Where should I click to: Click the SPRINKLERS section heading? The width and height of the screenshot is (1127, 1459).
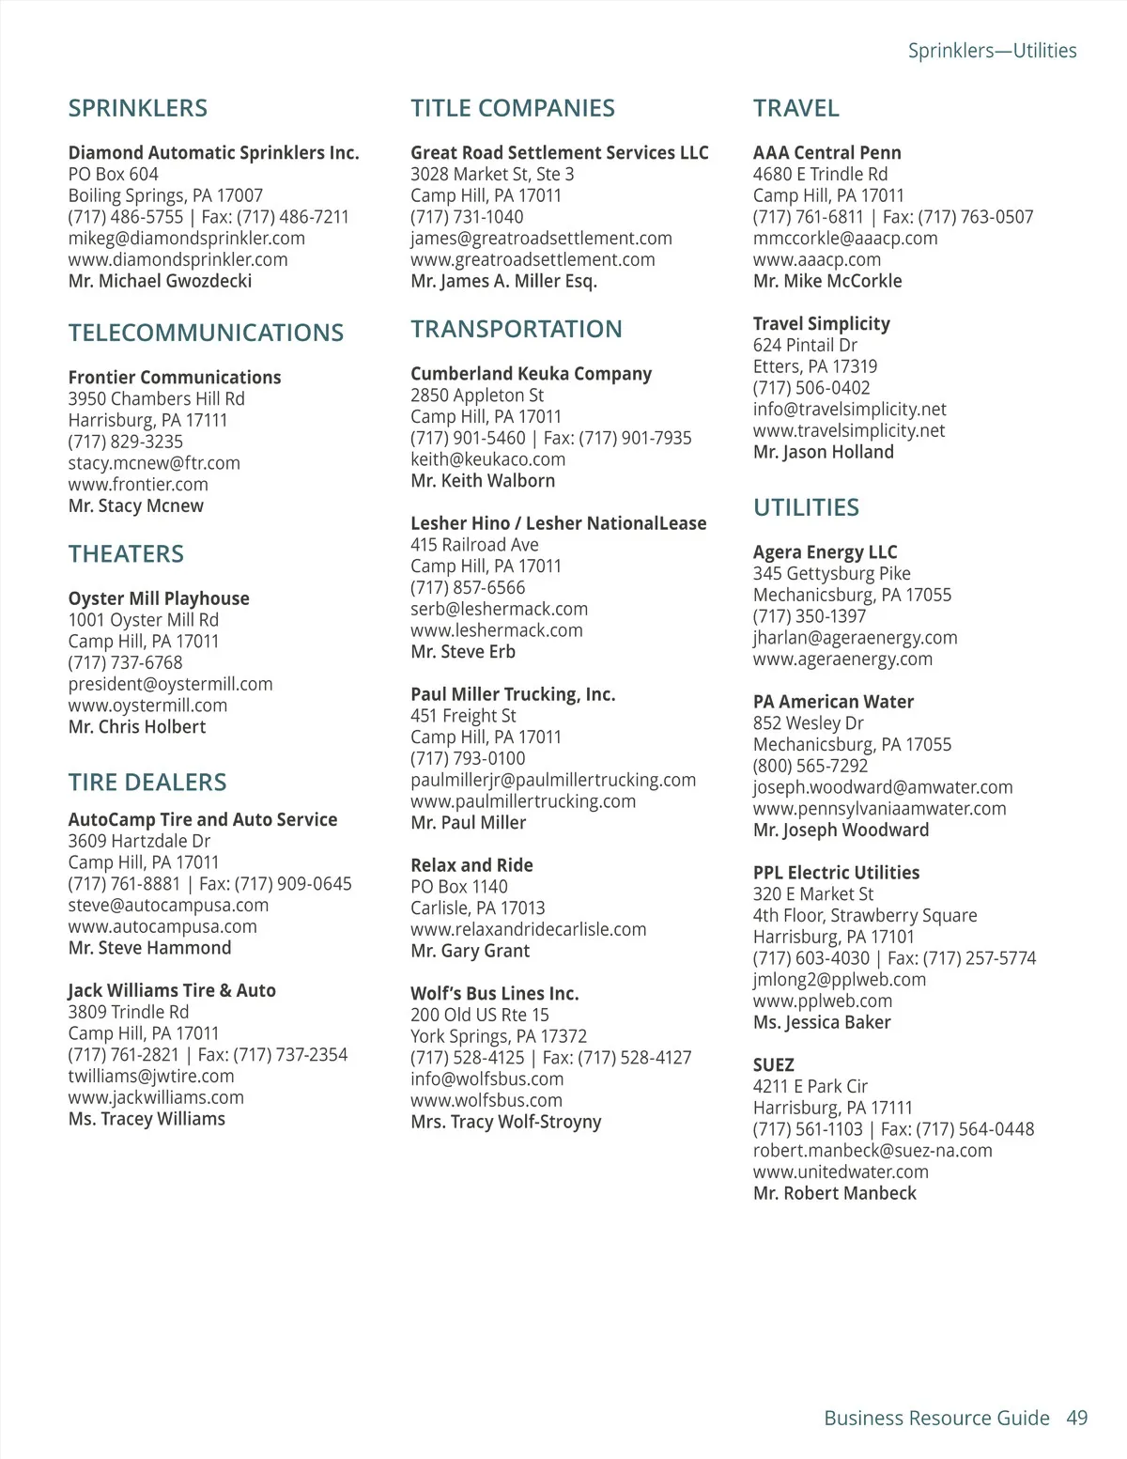point(138,109)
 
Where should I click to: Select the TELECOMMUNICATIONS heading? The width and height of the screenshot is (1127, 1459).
point(206,334)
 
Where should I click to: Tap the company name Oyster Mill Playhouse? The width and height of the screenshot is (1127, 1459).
point(159,598)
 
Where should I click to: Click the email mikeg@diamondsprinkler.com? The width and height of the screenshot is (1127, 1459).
point(186,239)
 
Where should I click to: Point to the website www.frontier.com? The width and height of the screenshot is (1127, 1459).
point(138,485)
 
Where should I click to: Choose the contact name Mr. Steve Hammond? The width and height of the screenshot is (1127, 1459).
point(149,948)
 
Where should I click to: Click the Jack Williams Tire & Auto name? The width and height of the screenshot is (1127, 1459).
point(172,990)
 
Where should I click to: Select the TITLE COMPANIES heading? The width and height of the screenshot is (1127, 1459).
point(513,109)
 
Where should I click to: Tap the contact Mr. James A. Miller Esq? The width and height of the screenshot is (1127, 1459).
point(503,281)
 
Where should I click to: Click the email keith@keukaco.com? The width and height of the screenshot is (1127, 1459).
point(487,459)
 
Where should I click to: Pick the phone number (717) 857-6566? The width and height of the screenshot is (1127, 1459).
point(468,588)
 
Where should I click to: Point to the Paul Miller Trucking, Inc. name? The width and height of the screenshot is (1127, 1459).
point(513,694)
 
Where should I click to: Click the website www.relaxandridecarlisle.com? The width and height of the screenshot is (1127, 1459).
point(528,929)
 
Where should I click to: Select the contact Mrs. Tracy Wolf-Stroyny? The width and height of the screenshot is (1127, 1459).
point(505,1122)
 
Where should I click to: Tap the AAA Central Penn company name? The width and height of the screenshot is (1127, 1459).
point(826,153)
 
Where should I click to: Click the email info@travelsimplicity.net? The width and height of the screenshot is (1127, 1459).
point(849,410)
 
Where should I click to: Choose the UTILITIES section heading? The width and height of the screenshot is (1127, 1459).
point(806,508)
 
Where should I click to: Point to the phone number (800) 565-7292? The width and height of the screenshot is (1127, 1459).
point(810,766)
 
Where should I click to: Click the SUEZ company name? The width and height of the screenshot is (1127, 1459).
point(773,1065)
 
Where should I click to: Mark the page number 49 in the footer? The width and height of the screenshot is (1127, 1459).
point(1076,1418)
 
